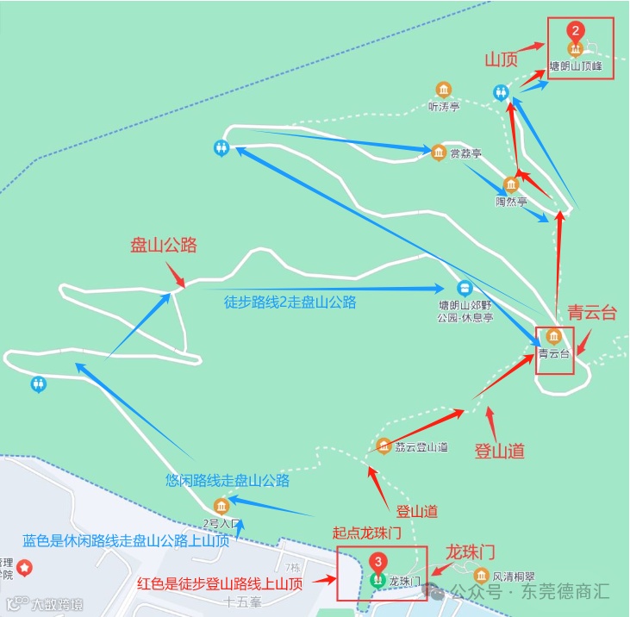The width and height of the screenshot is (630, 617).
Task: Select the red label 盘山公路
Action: pyautogui.click(x=164, y=246)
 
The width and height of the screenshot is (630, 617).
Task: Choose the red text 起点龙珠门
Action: pyautogui.click(x=367, y=533)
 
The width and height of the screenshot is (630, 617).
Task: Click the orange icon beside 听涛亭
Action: pyautogui.click(x=444, y=90)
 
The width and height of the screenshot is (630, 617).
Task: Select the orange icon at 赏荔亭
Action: pyautogui.click(x=438, y=153)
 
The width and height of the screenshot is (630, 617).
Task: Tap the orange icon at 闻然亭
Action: pyautogui.click(x=511, y=184)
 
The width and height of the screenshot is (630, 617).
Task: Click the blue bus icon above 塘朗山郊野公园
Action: pyautogui.click(x=464, y=289)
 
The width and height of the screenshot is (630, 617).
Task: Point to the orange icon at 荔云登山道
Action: pyautogui.click(x=384, y=446)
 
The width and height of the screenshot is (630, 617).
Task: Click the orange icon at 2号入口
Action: pyautogui.click(x=221, y=505)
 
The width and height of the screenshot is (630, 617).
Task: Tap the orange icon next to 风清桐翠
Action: pyautogui.click(x=481, y=575)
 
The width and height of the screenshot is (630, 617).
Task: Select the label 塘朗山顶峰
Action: pyautogui.click(x=576, y=66)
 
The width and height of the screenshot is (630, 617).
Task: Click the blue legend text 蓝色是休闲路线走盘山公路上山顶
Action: pyautogui.click(x=126, y=541)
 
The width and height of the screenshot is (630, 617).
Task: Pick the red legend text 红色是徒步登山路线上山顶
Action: pyautogui.click(x=220, y=583)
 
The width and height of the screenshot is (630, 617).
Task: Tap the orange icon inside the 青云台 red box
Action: pyautogui.click(x=553, y=336)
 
